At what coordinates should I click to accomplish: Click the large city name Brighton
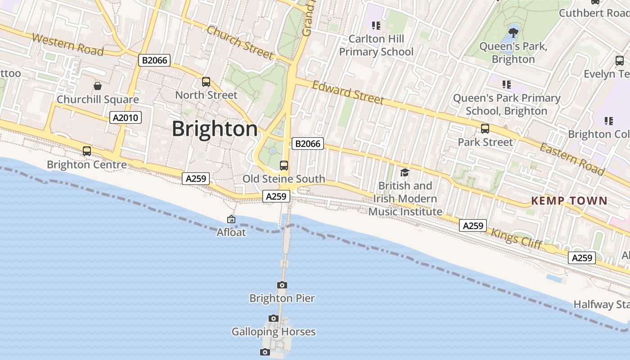pyautogui.click(x=215, y=129)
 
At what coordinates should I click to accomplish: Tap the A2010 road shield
pyautogui.click(x=126, y=118)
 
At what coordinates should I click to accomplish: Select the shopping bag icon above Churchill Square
pyautogui.click(x=98, y=85)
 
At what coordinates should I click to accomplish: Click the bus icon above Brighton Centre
pyautogui.click(x=87, y=151)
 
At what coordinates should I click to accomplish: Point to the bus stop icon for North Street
pyautogui.click(x=206, y=81)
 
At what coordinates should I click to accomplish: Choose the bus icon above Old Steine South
pyautogui.click(x=284, y=165)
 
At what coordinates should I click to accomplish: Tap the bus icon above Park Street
pyautogui.click(x=485, y=129)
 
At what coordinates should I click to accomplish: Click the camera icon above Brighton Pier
pyautogui.click(x=282, y=285)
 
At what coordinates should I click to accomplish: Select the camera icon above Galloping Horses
pyautogui.click(x=274, y=318)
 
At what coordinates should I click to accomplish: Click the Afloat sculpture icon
pyautogui.click(x=231, y=219)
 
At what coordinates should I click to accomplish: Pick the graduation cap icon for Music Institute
pyautogui.click(x=405, y=172)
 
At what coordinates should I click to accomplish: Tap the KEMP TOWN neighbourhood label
pyautogui.click(x=569, y=201)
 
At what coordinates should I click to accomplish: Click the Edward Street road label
pyautogui.click(x=348, y=92)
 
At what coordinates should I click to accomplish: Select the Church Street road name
pyautogui.click(x=240, y=42)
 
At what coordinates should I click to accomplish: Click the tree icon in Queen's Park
pyautogui.click(x=513, y=32)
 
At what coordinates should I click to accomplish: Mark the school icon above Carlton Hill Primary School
pyautogui.click(x=376, y=26)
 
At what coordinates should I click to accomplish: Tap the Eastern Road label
pyautogui.click(x=571, y=159)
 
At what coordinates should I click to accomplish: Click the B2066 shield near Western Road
pyautogui.click(x=154, y=60)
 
